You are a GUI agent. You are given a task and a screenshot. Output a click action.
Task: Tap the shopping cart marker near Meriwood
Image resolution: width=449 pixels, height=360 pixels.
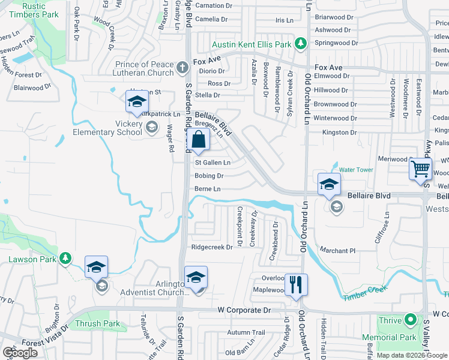[x=420, y=169]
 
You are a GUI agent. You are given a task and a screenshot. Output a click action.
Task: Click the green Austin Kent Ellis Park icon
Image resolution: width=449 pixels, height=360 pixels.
[x=301, y=44]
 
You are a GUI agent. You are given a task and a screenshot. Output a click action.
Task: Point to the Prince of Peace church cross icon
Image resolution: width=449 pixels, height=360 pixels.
[x=183, y=68]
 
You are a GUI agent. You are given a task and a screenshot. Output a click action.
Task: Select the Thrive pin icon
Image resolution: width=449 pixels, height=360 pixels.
[x=411, y=320]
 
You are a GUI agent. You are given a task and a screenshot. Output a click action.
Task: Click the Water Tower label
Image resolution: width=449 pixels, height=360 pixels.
[x=356, y=170]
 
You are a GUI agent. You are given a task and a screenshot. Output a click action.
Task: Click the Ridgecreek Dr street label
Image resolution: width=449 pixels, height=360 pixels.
[x=211, y=247]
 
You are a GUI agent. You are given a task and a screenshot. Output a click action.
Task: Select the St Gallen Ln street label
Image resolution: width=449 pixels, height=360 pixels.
[x=212, y=163]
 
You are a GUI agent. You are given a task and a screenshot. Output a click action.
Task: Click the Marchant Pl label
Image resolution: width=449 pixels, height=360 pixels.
[x=337, y=250]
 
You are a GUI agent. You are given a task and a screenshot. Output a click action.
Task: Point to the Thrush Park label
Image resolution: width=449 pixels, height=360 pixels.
[x=97, y=324]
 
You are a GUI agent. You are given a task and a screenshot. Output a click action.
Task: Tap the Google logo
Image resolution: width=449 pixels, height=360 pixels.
[x=20, y=353]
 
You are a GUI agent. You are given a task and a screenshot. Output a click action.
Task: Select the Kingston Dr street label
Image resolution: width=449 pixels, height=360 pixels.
[x=340, y=132]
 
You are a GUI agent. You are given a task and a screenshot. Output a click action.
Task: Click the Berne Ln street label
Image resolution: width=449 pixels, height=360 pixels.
[x=208, y=189]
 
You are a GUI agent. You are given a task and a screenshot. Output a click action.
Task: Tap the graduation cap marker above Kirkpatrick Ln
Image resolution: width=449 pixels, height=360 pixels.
[x=137, y=103]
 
